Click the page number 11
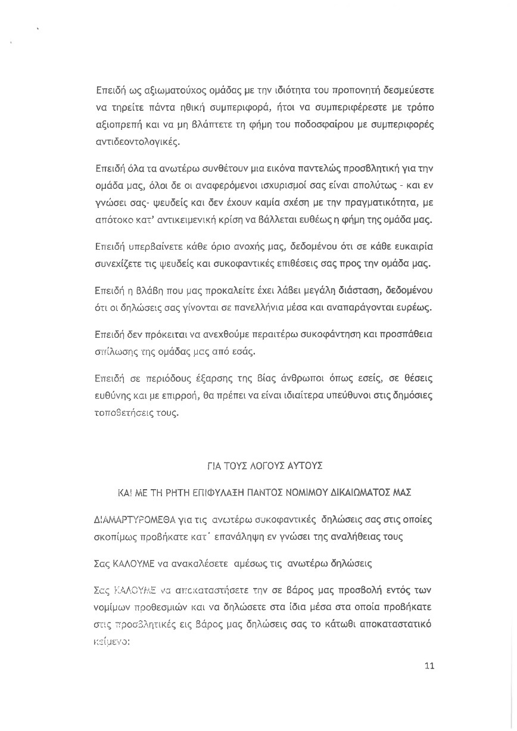[x=429, y=666]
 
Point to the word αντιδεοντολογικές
[x=137, y=142]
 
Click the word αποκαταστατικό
[x=394, y=625]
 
